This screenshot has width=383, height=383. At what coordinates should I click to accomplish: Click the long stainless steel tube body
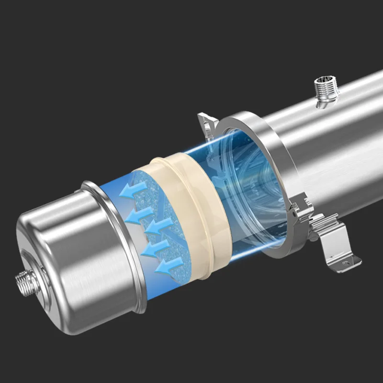pyautogui.click(x=330, y=144)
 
